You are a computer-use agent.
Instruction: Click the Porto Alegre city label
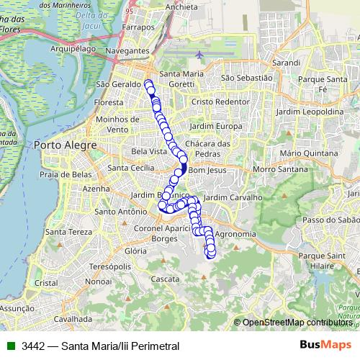[x=65, y=145]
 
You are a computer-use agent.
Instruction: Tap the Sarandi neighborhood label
[x=287, y=63]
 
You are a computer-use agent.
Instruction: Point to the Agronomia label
[x=235, y=235]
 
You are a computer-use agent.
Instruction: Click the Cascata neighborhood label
[x=166, y=279]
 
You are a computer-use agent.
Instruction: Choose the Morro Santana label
[x=275, y=169]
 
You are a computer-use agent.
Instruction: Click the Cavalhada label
[x=73, y=318]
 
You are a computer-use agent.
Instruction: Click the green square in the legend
[x=10, y=346]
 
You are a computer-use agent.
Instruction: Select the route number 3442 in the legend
[x=34, y=346]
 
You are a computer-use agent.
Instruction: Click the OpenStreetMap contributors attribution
[x=297, y=323]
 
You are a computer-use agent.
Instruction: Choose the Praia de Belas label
[x=66, y=174]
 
